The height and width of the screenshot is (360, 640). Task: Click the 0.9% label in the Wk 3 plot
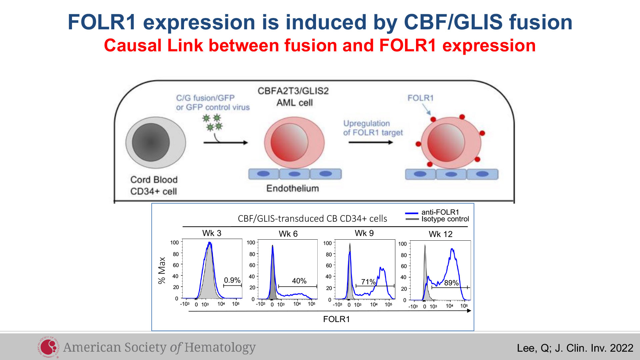tap(232, 280)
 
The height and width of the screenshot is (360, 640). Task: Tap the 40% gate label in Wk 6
tap(299, 281)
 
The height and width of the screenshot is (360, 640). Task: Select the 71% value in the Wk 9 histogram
tap(368, 282)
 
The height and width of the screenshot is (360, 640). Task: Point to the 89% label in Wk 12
tap(451, 283)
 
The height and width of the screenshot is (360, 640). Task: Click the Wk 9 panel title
tap(364, 233)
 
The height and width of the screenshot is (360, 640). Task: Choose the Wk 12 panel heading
tap(440, 234)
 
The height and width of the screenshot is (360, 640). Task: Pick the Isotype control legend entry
tap(437, 219)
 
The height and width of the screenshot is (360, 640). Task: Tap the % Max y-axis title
tap(162, 270)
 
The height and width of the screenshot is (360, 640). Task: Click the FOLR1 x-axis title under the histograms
tap(336, 319)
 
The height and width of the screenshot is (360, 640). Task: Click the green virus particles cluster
tap(213, 122)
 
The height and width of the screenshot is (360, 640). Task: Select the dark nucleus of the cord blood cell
tap(151, 142)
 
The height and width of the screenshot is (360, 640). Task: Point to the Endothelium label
tap(292, 188)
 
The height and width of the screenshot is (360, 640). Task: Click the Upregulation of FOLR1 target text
tap(373, 128)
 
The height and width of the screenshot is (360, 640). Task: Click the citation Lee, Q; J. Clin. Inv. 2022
tap(575, 348)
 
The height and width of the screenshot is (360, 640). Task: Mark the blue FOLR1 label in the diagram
tap(420, 98)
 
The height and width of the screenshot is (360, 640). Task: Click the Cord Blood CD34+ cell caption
tap(154, 185)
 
